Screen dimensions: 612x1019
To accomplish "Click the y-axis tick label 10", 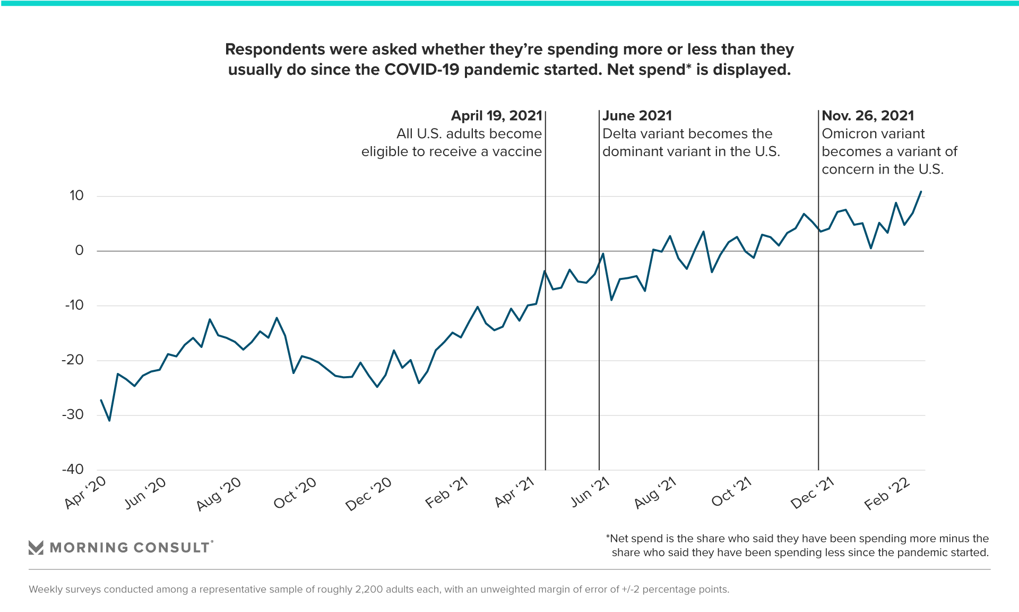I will tap(76, 196).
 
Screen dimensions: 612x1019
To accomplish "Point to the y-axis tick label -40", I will tap(73, 470).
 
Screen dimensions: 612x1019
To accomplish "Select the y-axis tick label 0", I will tap(79, 251).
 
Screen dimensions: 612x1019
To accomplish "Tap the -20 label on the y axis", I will tap(73, 360).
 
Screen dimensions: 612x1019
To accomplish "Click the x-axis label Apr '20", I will tap(85, 492).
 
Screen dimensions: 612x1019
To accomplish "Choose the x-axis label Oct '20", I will tap(295, 492).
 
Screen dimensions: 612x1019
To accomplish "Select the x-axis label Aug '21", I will tap(655, 492).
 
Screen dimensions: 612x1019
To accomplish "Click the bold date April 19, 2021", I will tap(496, 116).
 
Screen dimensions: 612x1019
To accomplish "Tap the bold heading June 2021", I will tap(637, 116).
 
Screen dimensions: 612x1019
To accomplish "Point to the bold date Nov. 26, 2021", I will tap(868, 116).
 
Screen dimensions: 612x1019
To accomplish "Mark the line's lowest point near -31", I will tap(109, 420).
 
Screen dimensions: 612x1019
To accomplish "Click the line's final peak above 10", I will tap(921, 192).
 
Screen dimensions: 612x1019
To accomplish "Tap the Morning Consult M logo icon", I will tap(36, 548).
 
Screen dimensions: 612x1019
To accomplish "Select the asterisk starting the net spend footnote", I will tap(608, 537).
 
